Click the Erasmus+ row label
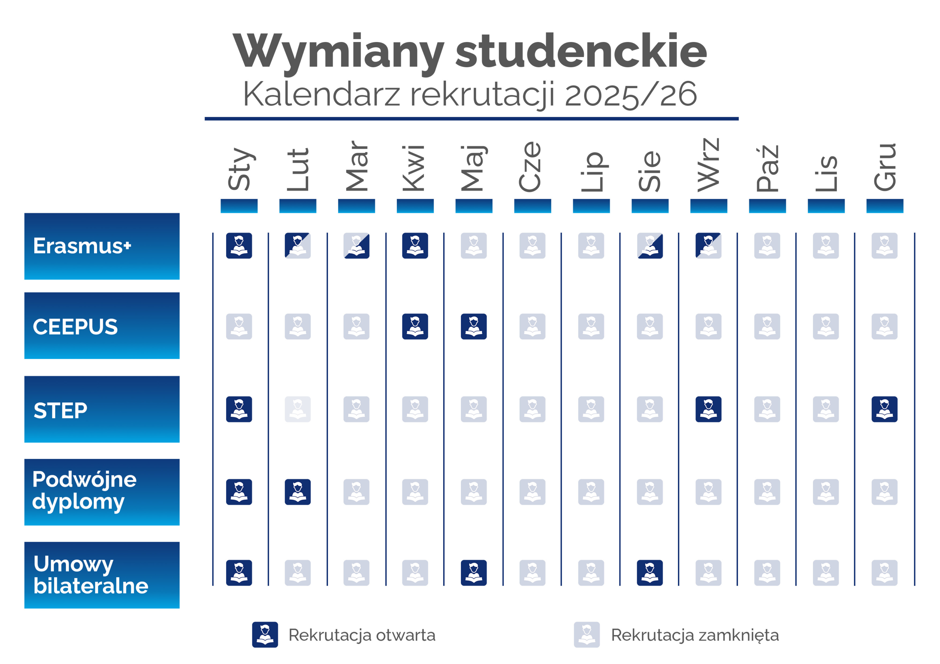pyautogui.click(x=102, y=246)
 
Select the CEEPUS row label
pyautogui.click(x=102, y=326)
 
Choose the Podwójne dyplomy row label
pyautogui.click(x=102, y=492)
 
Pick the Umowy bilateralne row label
pyautogui.click(x=102, y=575)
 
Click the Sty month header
pyautogui.click(x=239, y=170)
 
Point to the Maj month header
pyautogui.click(x=474, y=169)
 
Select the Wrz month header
pyautogui.click(x=708, y=166)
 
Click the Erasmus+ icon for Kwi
pyautogui.click(x=415, y=246)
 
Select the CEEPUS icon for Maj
pyautogui.click(x=474, y=326)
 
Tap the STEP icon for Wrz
pyautogui.click(x=708, y=409)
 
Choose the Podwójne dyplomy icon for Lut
pyautogui.click(x=298, y=492)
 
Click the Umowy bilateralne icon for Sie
pyautogui.click(x=650, y=573)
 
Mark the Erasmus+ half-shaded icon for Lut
pyautogui.click(x=298, y=246)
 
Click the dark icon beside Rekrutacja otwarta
pyautogui.click(x=265, y=635)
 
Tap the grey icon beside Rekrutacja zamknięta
pyautogui.click(x=587, y=635)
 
